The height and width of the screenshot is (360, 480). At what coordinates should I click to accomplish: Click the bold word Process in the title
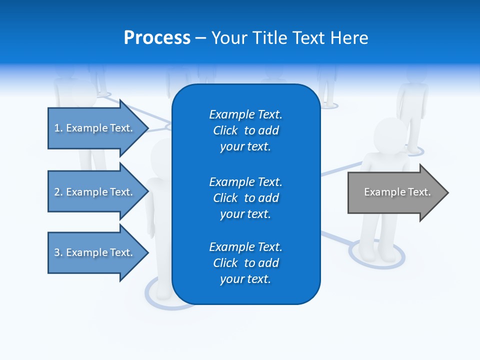click(x=157, y=38)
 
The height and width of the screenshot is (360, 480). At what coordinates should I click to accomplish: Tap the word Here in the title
click(x=349, y=38)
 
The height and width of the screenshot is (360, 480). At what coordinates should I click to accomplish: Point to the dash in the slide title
click(x=200, y=38)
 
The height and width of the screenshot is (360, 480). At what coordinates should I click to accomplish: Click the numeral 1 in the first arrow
click(x=57, y=128)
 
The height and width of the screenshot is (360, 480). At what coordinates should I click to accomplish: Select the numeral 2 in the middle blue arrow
click(x=57, y=192)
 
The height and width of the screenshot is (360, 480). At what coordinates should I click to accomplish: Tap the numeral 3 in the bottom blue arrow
click(x=57, y=252)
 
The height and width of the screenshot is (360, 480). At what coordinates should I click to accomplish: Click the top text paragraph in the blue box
click(x=245, y=130)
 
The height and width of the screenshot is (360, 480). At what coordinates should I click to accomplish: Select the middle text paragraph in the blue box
click(x=245, y=198)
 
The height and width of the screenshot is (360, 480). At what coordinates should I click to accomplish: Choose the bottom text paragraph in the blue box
click(x=245, y=263)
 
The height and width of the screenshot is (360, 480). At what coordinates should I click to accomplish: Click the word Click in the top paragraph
click(x=225, y=130)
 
